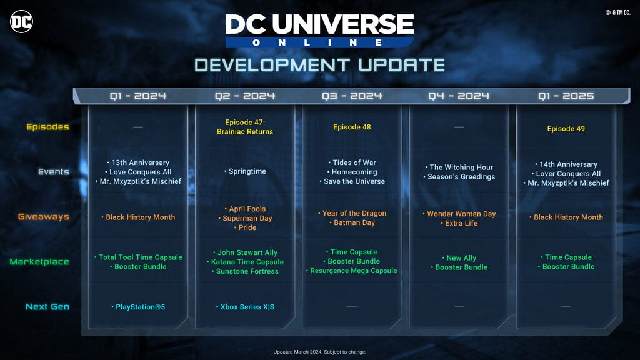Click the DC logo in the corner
click(x=21, y=22)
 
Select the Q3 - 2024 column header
click(x=352, y=96)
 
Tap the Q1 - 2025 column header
click(x=566, y=96)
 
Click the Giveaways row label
click(x=44, y=217)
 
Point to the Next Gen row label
click(x=47, y=306)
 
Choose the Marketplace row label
click(x=39, y=262)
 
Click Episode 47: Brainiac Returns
click(x=245, y=127)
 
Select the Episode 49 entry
click(x=566, y=129)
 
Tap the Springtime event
click(x=245, y=171)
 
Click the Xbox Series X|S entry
click(x=245, y=307)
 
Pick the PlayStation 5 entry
click(x=138, y=307)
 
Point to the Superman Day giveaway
click(x=245, y=218)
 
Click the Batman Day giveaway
click(x=352, y=223)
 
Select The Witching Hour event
click(x=459, y=167)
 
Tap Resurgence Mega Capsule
click(x=352, y=271)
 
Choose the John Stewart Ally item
click(x=245, y=252)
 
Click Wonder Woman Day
click(x=459, y=214)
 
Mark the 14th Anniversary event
click(x=566, y=164)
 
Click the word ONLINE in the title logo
click(x=317, y=42)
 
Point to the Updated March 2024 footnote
click(x=319, y=352)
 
